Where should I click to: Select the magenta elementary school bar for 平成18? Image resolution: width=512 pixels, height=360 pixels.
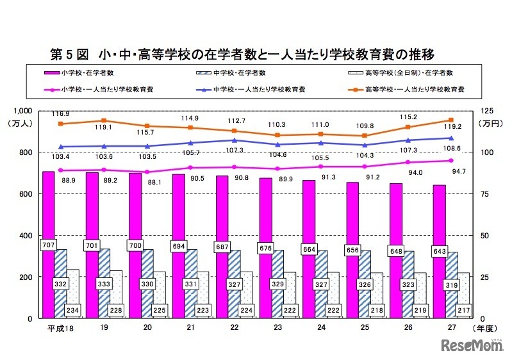[x=49, y=282]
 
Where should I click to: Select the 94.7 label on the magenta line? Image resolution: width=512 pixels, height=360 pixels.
[x=456, y=172]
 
